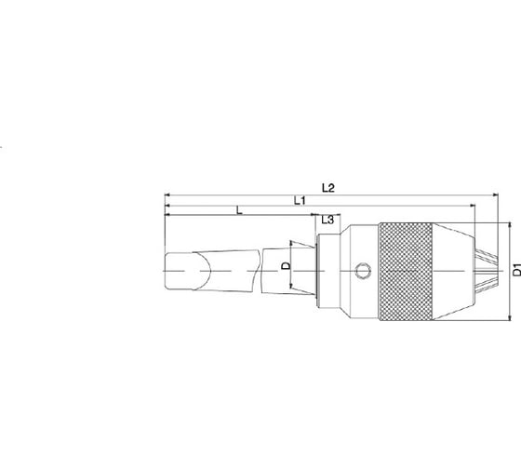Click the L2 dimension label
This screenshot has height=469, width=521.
click(x=327, y=188)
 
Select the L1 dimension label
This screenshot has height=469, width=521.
click(x=300, y=200)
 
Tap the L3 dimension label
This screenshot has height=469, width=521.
click(x=327, y=220)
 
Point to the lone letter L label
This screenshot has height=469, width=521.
click(x=239, y=210)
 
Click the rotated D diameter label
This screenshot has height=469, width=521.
click(x=287, y=265)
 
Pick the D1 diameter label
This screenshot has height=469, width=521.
click(x=517, y=269)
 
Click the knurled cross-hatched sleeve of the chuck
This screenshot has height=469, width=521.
click(x=406, y=272)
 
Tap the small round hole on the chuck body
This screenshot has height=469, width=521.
click(x=363, y=270)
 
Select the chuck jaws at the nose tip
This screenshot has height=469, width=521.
click(x=486, y=272)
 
